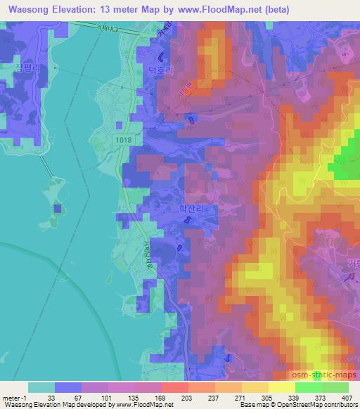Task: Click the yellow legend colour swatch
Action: click(x=281, y=387)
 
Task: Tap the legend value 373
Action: click(x=321, y=397)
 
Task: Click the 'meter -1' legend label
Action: click(x=15, y=397)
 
